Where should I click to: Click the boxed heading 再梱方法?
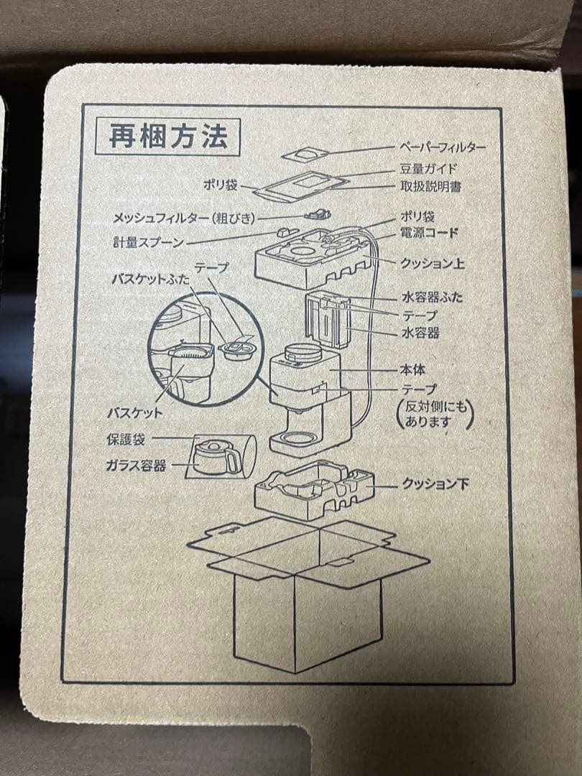[x=167, y=137]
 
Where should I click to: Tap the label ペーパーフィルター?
[x=442, y=147]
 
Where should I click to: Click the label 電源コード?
[x=429, y=234]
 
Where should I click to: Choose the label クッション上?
[x=433, y=264]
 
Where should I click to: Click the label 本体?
[x=412, y=370]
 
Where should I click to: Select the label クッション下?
[x=435, y=484]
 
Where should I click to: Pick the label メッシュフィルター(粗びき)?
[x=184, y=218]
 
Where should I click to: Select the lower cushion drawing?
[x=313, y=490]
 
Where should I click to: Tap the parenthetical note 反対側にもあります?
[x=435, y=415]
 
